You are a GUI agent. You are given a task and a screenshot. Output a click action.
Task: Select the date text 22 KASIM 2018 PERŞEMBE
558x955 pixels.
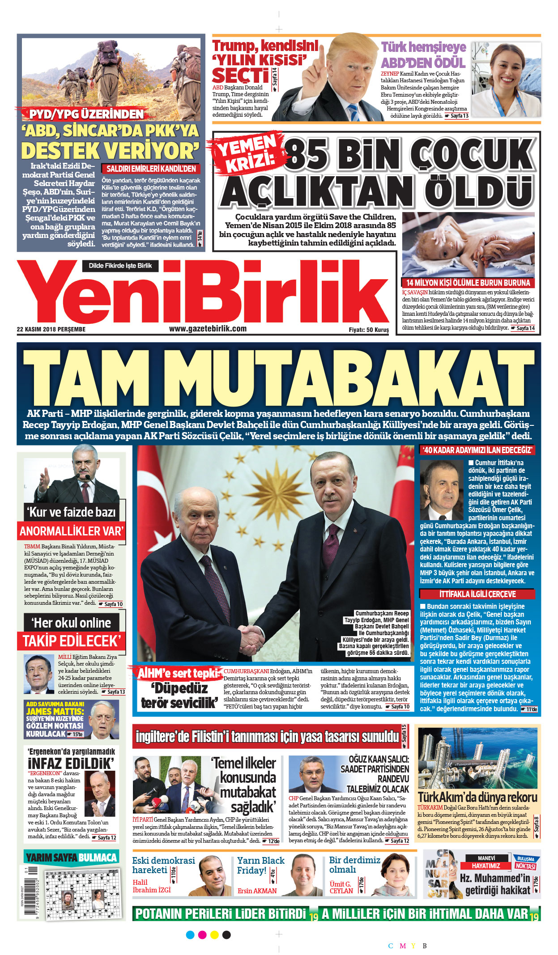51,330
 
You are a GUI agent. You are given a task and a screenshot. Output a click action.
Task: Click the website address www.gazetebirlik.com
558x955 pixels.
208,329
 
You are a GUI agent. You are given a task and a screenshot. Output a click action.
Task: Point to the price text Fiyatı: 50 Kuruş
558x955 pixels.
369,330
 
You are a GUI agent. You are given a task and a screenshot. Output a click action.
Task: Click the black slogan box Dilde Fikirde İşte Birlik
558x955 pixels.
120,266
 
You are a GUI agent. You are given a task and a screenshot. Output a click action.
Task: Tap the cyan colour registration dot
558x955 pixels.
190,935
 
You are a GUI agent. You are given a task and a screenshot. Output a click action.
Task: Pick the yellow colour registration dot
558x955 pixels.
214,935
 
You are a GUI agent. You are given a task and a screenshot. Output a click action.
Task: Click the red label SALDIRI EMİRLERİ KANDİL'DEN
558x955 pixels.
151,169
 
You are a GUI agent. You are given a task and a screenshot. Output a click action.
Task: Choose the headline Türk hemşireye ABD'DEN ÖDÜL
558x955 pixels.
423,55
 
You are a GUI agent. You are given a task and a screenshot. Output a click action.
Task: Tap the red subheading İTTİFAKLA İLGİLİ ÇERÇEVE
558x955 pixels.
477,594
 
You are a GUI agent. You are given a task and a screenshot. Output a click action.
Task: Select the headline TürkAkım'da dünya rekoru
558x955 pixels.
477,797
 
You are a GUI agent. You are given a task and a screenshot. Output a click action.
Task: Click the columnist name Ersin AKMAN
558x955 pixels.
257,891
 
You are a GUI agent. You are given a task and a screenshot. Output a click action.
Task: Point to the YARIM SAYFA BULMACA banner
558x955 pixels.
72,857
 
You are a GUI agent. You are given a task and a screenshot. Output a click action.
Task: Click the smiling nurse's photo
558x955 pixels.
506,81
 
